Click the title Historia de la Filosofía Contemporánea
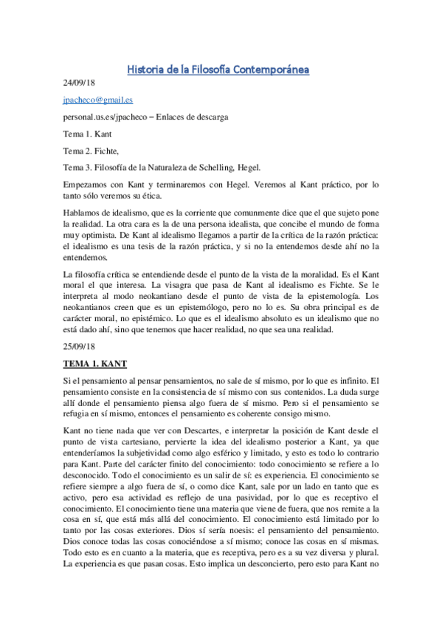tap(218, 70)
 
